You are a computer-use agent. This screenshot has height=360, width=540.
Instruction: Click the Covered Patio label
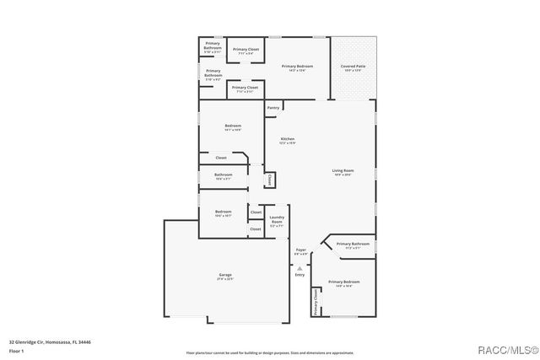tap(353, 65)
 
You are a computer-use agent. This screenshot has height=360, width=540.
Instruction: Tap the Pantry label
tap(273, 108)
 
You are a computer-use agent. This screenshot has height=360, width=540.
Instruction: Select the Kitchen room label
tap(287, 139)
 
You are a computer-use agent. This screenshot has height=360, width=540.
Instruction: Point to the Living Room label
tap(343, 171)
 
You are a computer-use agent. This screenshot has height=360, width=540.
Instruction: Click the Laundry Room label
tap(277, 220)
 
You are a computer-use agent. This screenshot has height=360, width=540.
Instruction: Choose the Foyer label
tap(300, 250)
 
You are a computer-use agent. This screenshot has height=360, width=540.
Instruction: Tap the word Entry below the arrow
tap(300, 275)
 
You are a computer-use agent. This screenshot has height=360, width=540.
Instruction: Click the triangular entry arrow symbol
tap(300, 267)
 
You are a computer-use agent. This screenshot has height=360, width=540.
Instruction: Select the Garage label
tap(224, 276)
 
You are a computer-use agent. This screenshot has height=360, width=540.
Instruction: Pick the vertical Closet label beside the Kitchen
tap(270, 180)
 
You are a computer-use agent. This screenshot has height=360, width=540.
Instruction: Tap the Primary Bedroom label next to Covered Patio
tap(297, 66)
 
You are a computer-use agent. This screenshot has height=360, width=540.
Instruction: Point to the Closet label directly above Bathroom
tap(220, 158)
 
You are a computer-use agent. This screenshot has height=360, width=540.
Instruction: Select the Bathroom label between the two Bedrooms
tap(223, 175)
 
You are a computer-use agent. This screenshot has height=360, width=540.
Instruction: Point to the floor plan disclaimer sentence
tap(269, 353)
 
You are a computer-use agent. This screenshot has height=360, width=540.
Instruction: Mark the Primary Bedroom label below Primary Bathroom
tap(344, 282)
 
